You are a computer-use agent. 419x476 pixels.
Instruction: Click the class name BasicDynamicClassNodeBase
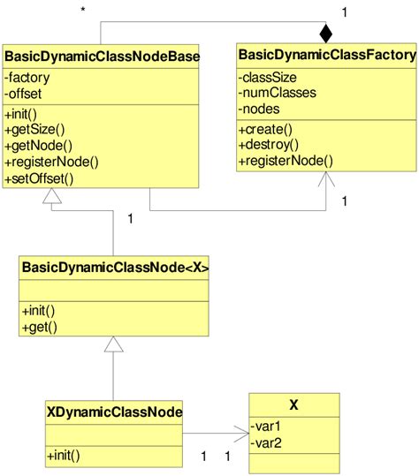point(103,58)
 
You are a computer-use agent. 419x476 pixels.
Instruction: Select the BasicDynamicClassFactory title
point(327,56)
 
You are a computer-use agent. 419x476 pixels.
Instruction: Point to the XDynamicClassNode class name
point(114,410)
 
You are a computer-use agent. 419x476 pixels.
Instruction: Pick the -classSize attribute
point(266,77)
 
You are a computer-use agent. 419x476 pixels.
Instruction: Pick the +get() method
point(39,328)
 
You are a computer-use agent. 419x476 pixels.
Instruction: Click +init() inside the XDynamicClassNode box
point(63,456)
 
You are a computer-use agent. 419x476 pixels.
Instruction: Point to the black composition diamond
point(326,34)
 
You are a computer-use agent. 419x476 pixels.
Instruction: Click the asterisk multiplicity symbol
point(82,11)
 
